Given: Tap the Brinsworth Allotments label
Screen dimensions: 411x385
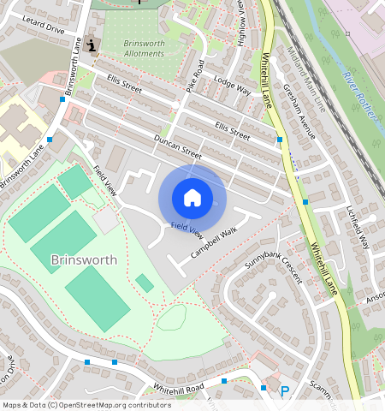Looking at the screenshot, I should tap(143, 48).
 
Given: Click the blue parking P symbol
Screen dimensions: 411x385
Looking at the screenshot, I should tap(285, 391).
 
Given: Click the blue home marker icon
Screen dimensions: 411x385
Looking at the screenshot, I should tap(192, 198).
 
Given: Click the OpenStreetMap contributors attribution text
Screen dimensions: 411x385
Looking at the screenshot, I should tap(86, 405).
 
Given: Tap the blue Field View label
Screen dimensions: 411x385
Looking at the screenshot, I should tap(187, 229).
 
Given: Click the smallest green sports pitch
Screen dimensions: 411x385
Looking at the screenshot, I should tap(145, 283).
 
